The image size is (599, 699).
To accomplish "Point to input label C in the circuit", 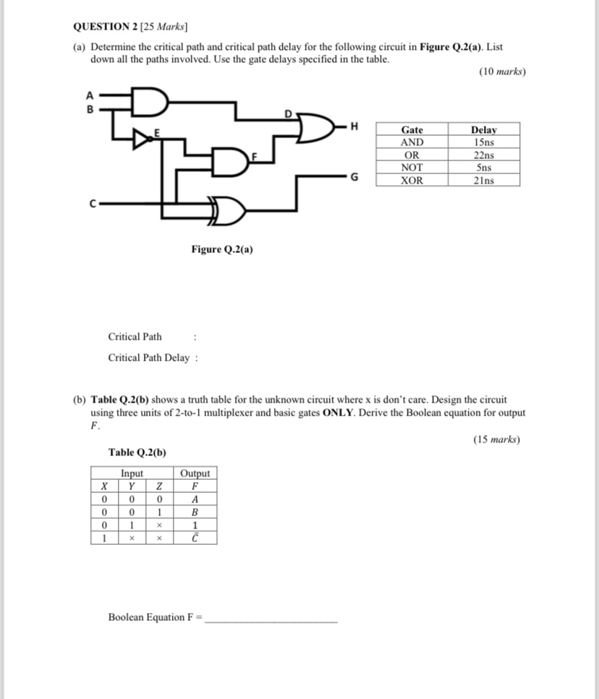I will tap(93, 203).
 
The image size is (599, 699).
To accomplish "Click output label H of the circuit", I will tap(354, 127).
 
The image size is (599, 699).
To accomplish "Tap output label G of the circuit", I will tap(354, 176).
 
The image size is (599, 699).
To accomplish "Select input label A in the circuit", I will tap(90, 94).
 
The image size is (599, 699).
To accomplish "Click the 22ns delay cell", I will tap(483, 155).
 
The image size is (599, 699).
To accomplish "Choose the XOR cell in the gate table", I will tap(412, 180).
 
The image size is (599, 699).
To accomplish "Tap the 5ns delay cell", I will tap(483, 167).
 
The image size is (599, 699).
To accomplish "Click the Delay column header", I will tap(483, 129).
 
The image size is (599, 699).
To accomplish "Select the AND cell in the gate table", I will tap(412, 142).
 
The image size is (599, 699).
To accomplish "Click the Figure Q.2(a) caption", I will tap(222, 249).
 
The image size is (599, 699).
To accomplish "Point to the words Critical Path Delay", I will tap(148, 358).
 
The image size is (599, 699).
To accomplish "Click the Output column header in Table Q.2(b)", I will tap(195, 473).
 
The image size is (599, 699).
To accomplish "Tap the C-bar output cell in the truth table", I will tap(195, 538).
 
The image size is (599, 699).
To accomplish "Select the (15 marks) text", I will tap(496, 439).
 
